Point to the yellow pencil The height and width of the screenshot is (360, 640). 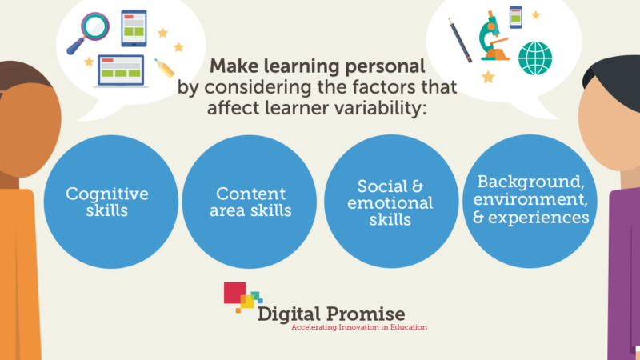(164, 68)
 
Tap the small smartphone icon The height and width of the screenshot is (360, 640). (515, 16)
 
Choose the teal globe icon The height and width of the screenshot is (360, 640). (534, 58)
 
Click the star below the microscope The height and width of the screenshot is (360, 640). (487, 77)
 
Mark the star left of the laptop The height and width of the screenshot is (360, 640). (89, 62)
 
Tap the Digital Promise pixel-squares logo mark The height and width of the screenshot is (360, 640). (242, 297)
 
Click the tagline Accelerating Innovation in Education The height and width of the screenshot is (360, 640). (359, 327)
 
